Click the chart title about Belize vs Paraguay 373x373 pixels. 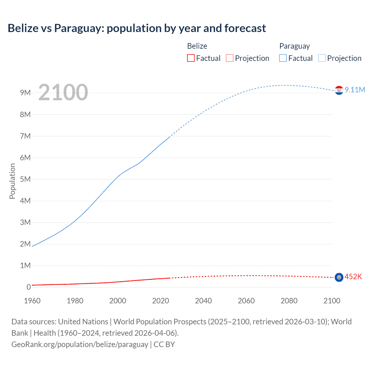coord(137,28)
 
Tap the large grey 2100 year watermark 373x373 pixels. coord(63,92)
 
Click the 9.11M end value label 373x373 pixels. coord(355,90)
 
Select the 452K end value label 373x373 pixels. coord(353,277)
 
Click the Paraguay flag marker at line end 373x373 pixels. coord(339,90)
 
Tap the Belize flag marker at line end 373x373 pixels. coord(339,277)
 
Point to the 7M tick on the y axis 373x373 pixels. coord(25,136)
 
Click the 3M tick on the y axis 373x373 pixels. coord(25,222)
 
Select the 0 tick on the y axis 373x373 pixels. coord(29,287)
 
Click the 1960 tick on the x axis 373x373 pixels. coord(32,301)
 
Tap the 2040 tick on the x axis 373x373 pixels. coord(203,301)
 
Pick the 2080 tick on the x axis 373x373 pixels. coord(289,301)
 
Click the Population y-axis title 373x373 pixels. coord(12,181)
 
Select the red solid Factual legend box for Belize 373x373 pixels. coord(191,58)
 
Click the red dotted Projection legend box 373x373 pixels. coord(230,58)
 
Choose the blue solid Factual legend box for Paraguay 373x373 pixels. coord(283,58)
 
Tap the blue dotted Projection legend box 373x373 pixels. coord(322,58)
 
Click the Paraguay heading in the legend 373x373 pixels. coord(294,46)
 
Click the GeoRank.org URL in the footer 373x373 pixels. coord(80,344)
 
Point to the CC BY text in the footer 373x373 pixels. coord(164,344)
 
